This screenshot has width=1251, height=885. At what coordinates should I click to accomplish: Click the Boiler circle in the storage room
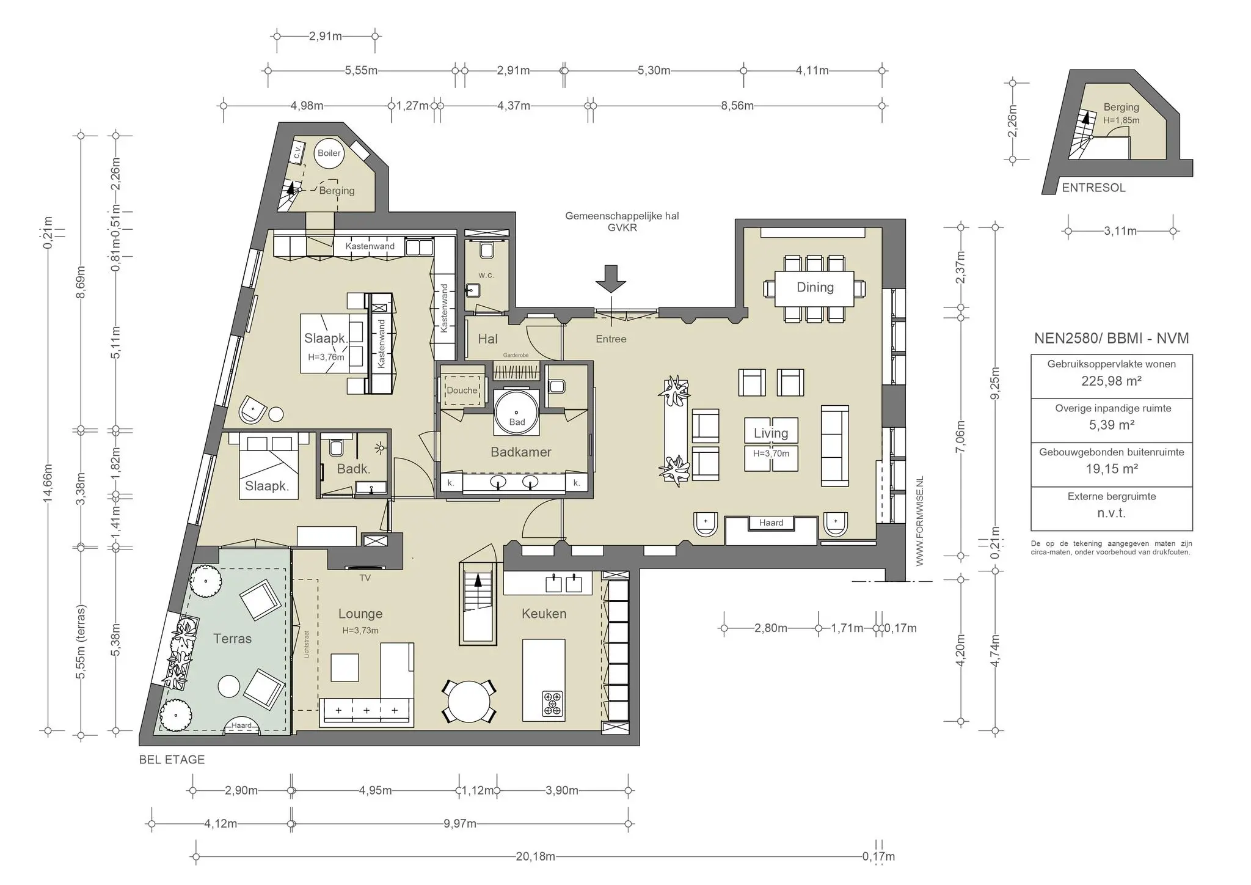(329, 153)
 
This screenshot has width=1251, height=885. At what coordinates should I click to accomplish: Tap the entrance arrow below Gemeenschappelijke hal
(611, 278)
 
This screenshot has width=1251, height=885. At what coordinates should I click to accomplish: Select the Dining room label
(815, 287)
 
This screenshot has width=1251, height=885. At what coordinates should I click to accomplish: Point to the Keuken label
(544, 614)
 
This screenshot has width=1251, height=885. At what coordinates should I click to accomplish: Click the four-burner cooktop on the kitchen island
(553, 703)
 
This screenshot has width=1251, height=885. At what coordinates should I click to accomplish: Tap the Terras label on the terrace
(232, 639)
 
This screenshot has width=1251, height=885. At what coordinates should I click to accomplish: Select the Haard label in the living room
(771, 523)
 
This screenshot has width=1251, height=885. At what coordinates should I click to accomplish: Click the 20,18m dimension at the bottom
(536, 856)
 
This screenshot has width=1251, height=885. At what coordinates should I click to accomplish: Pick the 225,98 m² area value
(1111, 381)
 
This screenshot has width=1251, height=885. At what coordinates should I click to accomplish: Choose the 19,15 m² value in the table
(1111, 469)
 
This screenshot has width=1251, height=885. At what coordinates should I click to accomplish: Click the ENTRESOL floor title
(1093, 188)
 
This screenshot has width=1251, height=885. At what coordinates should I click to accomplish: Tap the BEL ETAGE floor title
(172, 760)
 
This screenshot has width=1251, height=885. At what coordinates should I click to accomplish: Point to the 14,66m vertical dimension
(48, 483)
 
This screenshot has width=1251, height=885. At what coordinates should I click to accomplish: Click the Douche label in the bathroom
(462, 390)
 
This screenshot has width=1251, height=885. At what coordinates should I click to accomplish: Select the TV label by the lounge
(365, 578)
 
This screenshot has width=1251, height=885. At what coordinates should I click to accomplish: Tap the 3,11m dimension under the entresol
(1120, 231)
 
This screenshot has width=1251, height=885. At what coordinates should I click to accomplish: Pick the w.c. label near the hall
(486, 275)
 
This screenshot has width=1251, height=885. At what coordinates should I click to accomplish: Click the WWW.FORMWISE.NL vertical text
(920, 521)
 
